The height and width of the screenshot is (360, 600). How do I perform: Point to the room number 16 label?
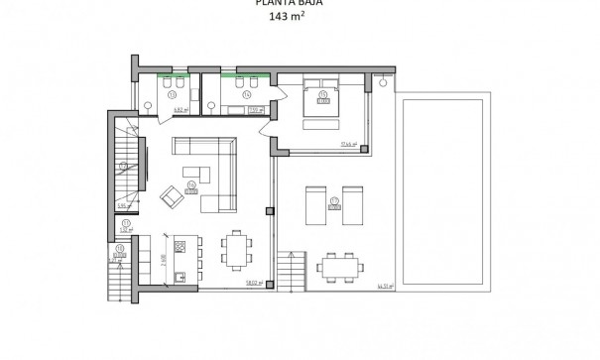point(190,184)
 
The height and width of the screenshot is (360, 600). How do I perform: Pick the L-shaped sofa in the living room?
point(212,169)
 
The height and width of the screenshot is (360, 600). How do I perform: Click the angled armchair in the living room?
point(170,197)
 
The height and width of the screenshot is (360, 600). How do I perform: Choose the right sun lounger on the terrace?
point(352,203)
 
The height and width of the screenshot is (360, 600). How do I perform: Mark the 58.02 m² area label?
point(252,282)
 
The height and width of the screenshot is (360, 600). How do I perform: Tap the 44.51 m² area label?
point(385,286)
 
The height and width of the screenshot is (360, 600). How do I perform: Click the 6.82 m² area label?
point(180,110)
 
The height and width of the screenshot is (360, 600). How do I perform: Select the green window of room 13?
point(175,74)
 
